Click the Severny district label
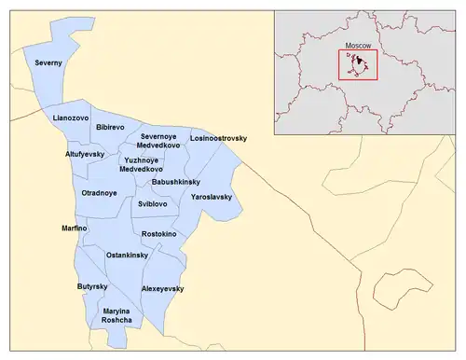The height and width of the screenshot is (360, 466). coord(48,63)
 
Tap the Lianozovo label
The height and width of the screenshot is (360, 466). coord(70,119)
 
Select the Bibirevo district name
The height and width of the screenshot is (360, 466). coord(111,124)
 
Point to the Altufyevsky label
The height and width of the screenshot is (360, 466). coord(87,153)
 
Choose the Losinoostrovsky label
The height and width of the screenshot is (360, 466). coord(219,138)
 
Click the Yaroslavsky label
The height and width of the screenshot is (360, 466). coord(212,198)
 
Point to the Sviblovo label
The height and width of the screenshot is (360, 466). coord(153,203)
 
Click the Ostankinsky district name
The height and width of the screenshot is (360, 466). coord(128,255)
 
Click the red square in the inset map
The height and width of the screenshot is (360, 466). coord(357,63)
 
